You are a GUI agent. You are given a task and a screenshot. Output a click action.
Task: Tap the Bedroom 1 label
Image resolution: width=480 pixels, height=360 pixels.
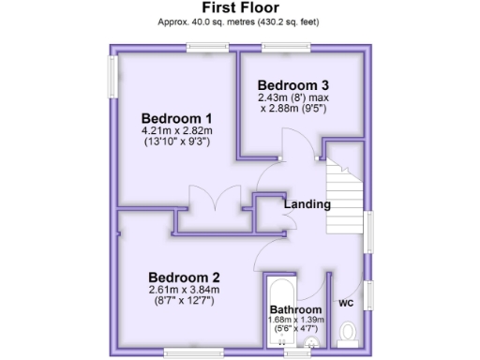[x=176, y=118]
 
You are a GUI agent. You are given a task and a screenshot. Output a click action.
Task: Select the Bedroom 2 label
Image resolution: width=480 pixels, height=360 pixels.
[x=185, y=277]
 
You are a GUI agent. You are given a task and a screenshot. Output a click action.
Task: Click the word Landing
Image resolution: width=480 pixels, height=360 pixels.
[x=307, y=204]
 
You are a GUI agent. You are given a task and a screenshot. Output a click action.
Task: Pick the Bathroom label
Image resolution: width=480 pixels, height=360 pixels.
[x=295, y=309]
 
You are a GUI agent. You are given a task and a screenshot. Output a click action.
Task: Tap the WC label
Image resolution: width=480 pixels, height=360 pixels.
[x=345, y=304]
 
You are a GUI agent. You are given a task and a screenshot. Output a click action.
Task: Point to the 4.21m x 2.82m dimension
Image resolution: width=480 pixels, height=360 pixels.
[x=176, y=130]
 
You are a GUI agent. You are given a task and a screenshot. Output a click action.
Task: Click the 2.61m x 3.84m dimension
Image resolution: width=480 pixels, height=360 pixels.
[x=184, y=290]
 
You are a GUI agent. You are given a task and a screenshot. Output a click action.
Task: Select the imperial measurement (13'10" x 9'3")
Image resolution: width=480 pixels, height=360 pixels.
[x=176, y=142]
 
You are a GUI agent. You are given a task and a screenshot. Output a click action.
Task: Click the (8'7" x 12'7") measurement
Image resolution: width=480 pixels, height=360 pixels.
[x=184, y=302]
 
